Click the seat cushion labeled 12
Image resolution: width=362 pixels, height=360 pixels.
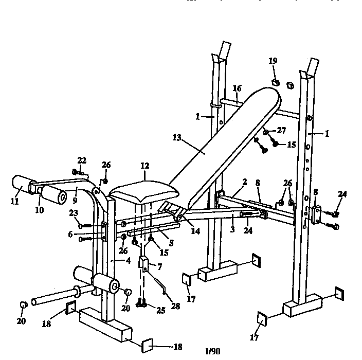click(x=144, y=192)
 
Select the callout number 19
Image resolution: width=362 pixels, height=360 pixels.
click(x=273, y=61)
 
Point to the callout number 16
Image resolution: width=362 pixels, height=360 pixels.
click(x=237, y=89)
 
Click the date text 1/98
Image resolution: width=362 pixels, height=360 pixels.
click(x=212, y=351)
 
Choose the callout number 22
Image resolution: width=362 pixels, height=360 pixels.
click(x=82, y=159)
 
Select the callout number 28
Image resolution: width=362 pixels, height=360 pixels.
click(x=176, y=306)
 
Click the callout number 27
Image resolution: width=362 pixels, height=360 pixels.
click(x=281, y=131)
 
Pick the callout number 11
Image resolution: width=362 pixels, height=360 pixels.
click(x=14, y=202)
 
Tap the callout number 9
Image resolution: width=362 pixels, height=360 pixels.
click(x=75, y=195)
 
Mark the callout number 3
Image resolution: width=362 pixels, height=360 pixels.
click(x=232, y=229)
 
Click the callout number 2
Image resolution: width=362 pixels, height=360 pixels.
click(x=245, y=182)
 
